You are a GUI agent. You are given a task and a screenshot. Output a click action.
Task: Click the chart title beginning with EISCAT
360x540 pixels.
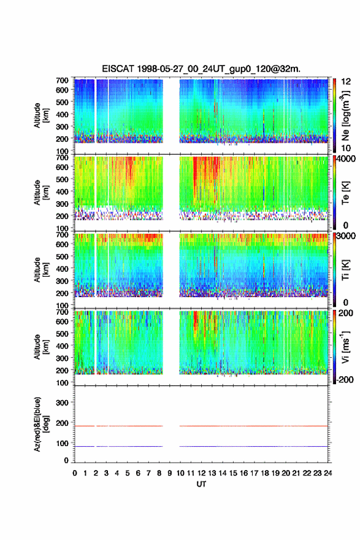[x=201, y=69]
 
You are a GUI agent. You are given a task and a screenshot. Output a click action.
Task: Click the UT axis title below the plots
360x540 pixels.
[x=201, y=484]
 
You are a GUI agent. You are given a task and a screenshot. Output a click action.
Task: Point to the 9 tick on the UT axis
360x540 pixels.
[x=170, y=473]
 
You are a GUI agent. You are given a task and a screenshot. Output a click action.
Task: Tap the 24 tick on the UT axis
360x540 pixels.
[x=327, y=473]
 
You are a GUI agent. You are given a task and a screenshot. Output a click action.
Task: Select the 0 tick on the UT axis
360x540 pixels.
[x=75, y=473]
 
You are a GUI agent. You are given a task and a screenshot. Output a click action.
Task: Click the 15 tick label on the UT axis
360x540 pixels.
[x=233, y=473]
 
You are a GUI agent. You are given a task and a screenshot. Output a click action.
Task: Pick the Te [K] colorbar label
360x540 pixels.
[x=345, y=193]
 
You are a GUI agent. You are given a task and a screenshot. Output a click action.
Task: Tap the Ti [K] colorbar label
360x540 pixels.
[x=345, y=270]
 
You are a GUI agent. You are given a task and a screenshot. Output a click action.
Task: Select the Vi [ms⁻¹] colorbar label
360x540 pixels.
[x=345, y=347]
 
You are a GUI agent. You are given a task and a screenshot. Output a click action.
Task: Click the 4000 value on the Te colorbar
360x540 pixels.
[x=345, y=159]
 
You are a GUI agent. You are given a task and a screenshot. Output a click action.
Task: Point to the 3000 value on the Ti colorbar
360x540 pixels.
[x=345, y=236]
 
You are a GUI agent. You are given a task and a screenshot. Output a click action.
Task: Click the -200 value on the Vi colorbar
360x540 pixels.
[x=345, y=379]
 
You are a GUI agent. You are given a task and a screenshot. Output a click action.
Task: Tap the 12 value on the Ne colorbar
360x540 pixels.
[x=346, y=82]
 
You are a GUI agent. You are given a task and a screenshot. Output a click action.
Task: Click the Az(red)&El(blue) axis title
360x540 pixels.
[x=40, y=424]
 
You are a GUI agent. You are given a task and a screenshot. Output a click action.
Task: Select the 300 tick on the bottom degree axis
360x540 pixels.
[x=62, y=403]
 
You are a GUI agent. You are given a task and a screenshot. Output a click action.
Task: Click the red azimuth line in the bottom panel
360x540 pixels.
[x=201, y=426]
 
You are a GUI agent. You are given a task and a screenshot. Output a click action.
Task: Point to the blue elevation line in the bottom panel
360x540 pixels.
[x=201, y=446]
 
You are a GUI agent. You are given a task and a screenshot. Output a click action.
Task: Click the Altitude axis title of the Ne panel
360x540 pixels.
[x=40, y=115]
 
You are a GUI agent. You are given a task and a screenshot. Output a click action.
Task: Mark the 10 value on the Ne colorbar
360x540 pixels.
[x=346, y=148]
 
